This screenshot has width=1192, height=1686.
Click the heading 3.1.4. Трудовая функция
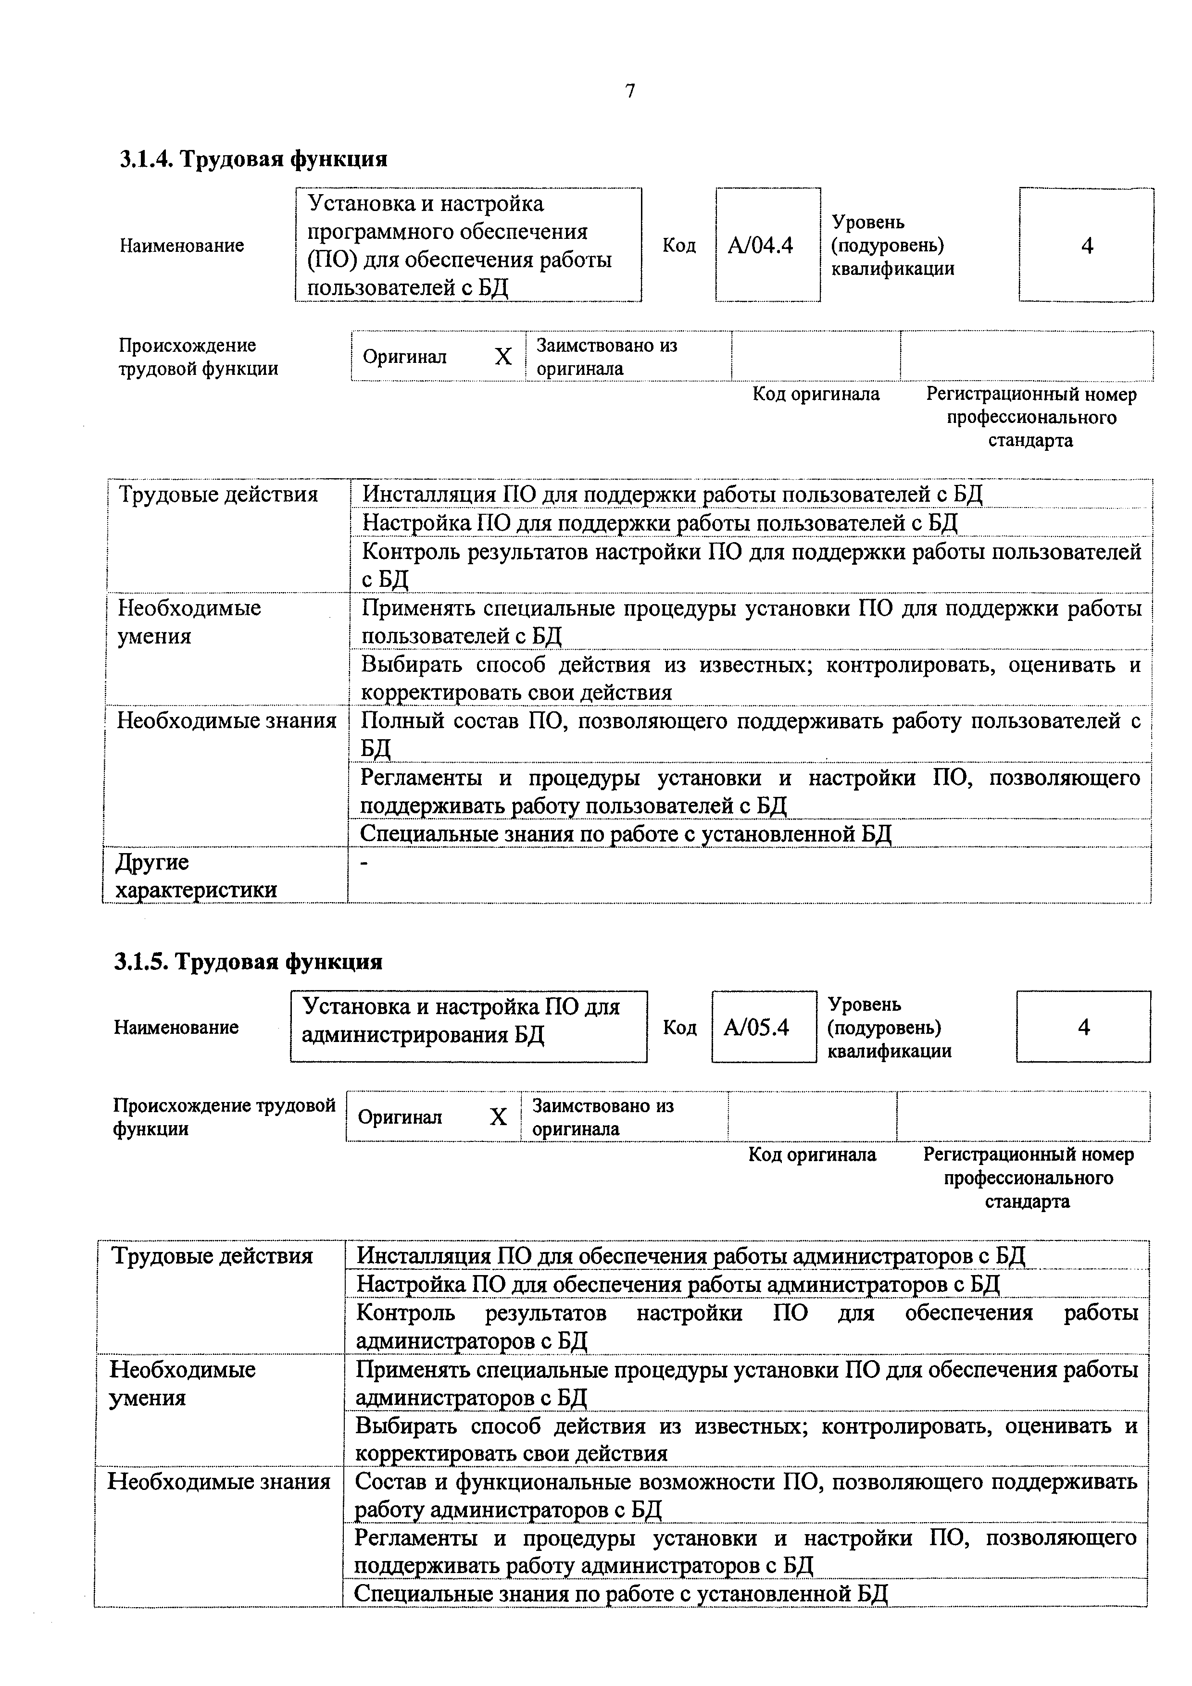click(x=253, y=159)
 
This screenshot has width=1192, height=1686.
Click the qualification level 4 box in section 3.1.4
click(x=1086, y=245)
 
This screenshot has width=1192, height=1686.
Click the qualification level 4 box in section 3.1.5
click(x=1083, y=1027)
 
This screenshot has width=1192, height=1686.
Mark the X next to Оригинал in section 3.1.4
click(x=503, y=357)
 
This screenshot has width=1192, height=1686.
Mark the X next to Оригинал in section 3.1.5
click(x=498, y=1117)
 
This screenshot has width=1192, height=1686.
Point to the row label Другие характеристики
click(x=196, y=875)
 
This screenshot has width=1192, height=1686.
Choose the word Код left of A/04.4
click(x=678, y=245)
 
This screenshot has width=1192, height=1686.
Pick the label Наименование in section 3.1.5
click(x=176, y=1027)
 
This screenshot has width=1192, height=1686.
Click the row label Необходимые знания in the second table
click(x=219, y=1482)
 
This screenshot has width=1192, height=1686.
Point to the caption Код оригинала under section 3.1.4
click(x=815, y=394)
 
